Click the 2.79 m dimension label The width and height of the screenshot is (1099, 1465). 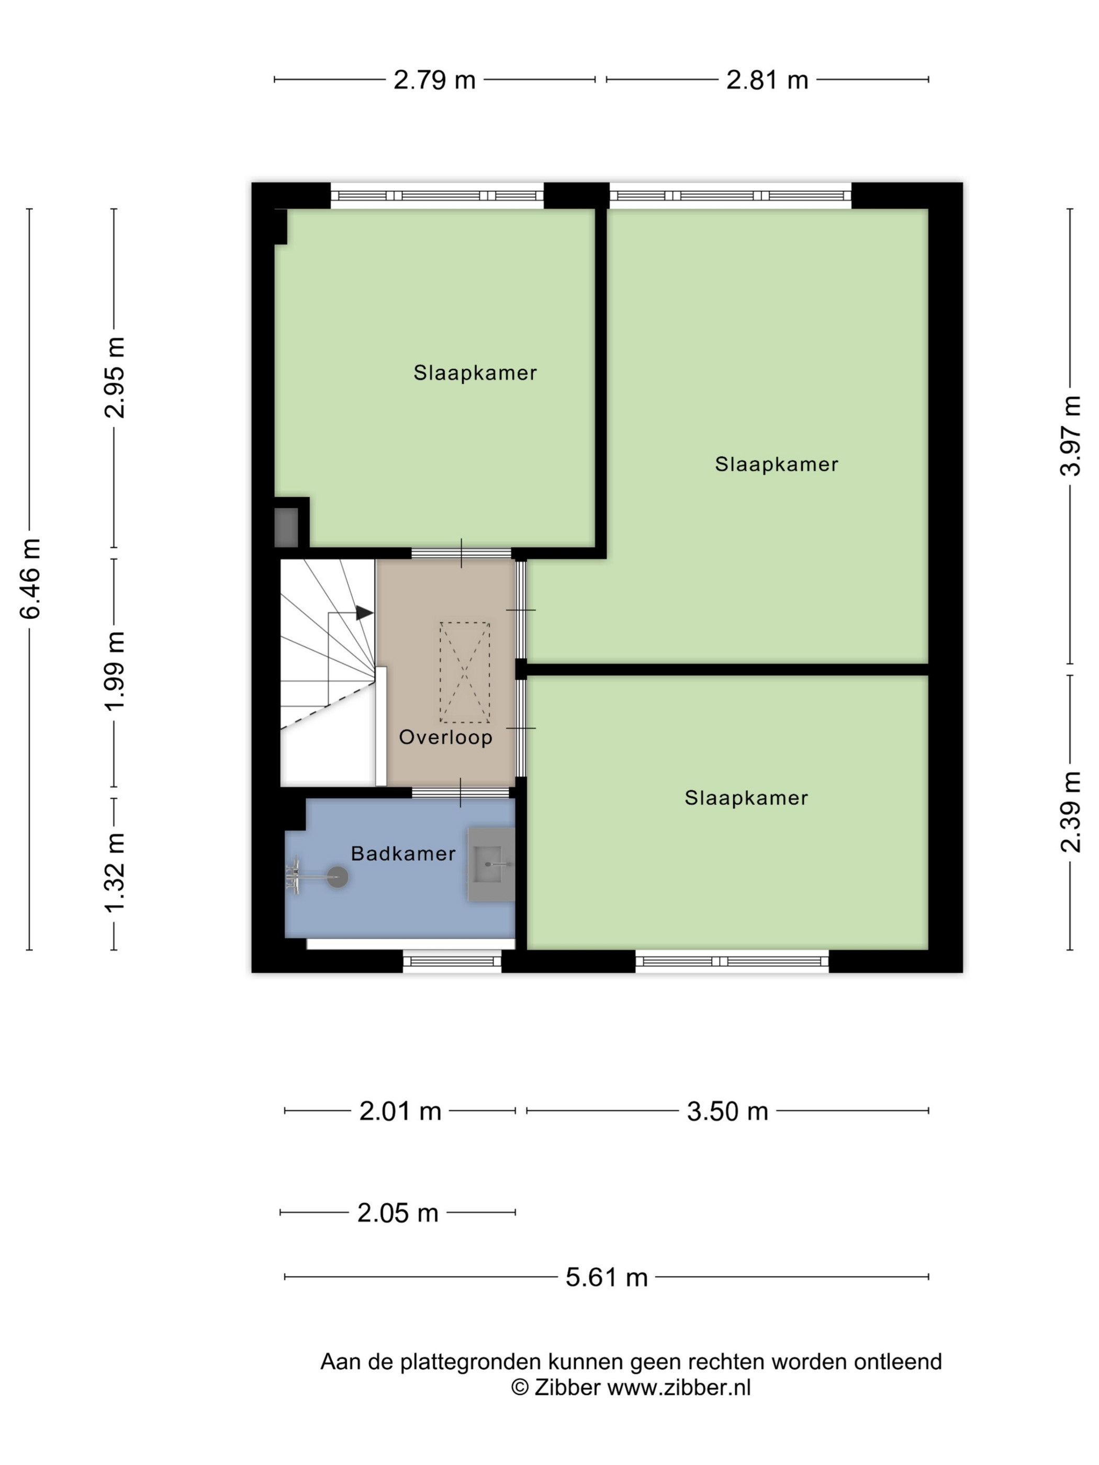(434, 80)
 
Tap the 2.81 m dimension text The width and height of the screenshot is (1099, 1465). (767, 80)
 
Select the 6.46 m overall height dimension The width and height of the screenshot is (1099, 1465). (30, 579)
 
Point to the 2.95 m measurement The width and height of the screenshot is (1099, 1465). (115, 378)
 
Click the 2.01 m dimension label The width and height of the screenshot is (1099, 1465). (400, 1111)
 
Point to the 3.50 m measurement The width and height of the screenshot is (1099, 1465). (727, 1111)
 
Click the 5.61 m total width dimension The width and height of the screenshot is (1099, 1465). (606, 1277)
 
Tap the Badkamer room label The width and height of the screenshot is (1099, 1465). (403, 854)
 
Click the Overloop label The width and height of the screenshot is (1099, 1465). (445, 737)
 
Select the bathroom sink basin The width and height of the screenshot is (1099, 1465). (491, 864)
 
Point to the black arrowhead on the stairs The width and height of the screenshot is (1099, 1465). (364, 613)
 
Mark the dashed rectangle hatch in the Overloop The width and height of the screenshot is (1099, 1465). (464, 672)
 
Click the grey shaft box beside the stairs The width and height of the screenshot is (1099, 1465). (286, 527)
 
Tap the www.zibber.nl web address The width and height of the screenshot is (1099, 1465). (679, 1388)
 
